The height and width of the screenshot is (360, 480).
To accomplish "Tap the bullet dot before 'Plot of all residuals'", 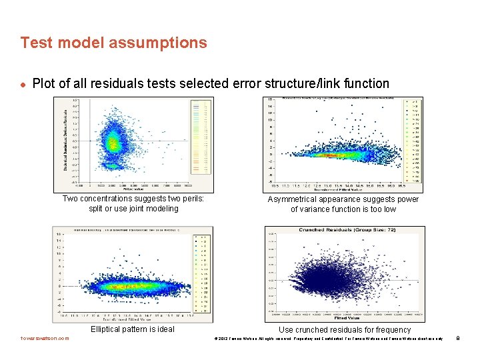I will (x=23, y=85).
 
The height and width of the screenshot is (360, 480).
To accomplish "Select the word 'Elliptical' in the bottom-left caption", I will (x=109, y=329).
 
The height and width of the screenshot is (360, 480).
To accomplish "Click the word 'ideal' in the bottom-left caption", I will (x=164, y=329).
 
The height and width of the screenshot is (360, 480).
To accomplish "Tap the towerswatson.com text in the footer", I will (x=45, y=338).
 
